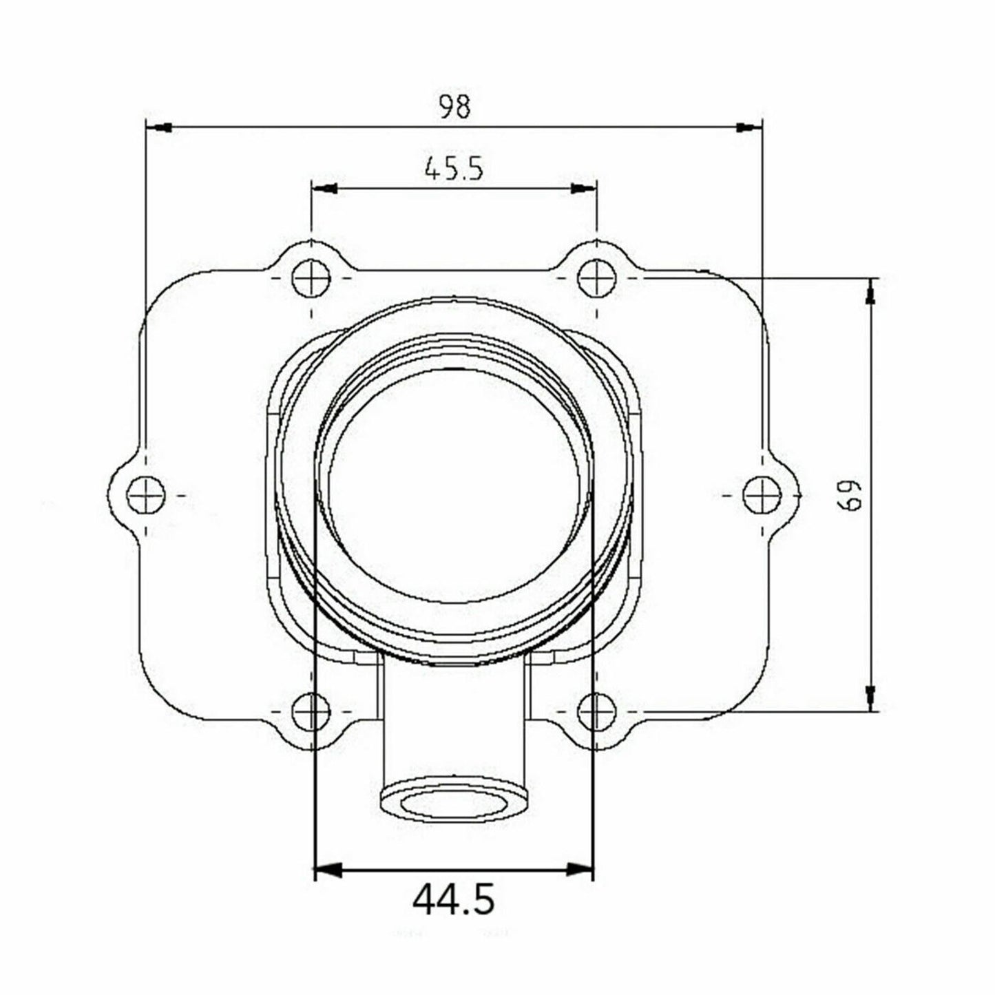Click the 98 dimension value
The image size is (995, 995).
[x=454, y=107]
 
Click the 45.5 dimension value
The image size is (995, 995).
[x=454, y=169]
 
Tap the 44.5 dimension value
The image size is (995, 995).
[x=454, y=899]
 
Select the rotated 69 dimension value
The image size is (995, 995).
[x=851, y=495]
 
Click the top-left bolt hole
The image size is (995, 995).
[x=311, y=279]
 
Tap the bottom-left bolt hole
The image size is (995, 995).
[x=311, y=711]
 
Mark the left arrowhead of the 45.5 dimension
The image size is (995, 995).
[x=325, y=189]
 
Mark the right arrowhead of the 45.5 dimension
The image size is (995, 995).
[x=583, y=189]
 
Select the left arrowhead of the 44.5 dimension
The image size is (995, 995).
[x=328, y=870]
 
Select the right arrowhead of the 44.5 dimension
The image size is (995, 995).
[x=579, y=870]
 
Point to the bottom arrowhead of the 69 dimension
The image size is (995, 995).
[x=871, y=697]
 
